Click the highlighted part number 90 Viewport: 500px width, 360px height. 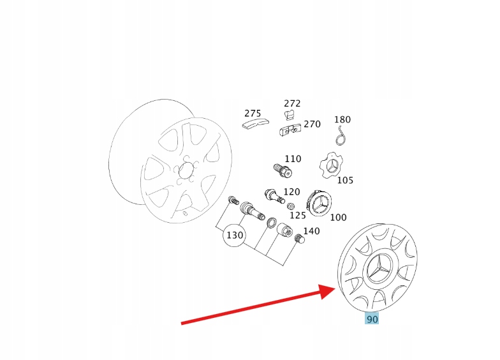(x=372, y=319)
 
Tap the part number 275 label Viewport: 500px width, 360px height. (x=253, y=114)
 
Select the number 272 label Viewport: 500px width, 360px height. (x=292, y=103)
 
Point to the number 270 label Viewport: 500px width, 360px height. (x=312, y=124)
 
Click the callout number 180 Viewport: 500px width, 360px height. (x=342, y=119)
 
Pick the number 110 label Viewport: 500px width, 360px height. (x=293, y=158)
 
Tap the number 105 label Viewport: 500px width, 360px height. (x=345, y=180)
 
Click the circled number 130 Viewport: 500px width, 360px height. (x=235, y=235)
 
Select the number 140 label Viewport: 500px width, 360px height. (x=311, y=231)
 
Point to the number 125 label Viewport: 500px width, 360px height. (x=297, y=216)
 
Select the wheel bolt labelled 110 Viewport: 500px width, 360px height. (x=283, y=170)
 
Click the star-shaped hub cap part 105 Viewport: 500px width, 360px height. (x=332, y=165)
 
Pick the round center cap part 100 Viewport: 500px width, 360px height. (x=319, y=203)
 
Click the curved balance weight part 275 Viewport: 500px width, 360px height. (x=255, y=124)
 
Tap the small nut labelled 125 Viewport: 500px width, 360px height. (x=291, y=206)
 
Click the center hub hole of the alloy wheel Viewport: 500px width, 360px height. (x=186, y=171)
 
